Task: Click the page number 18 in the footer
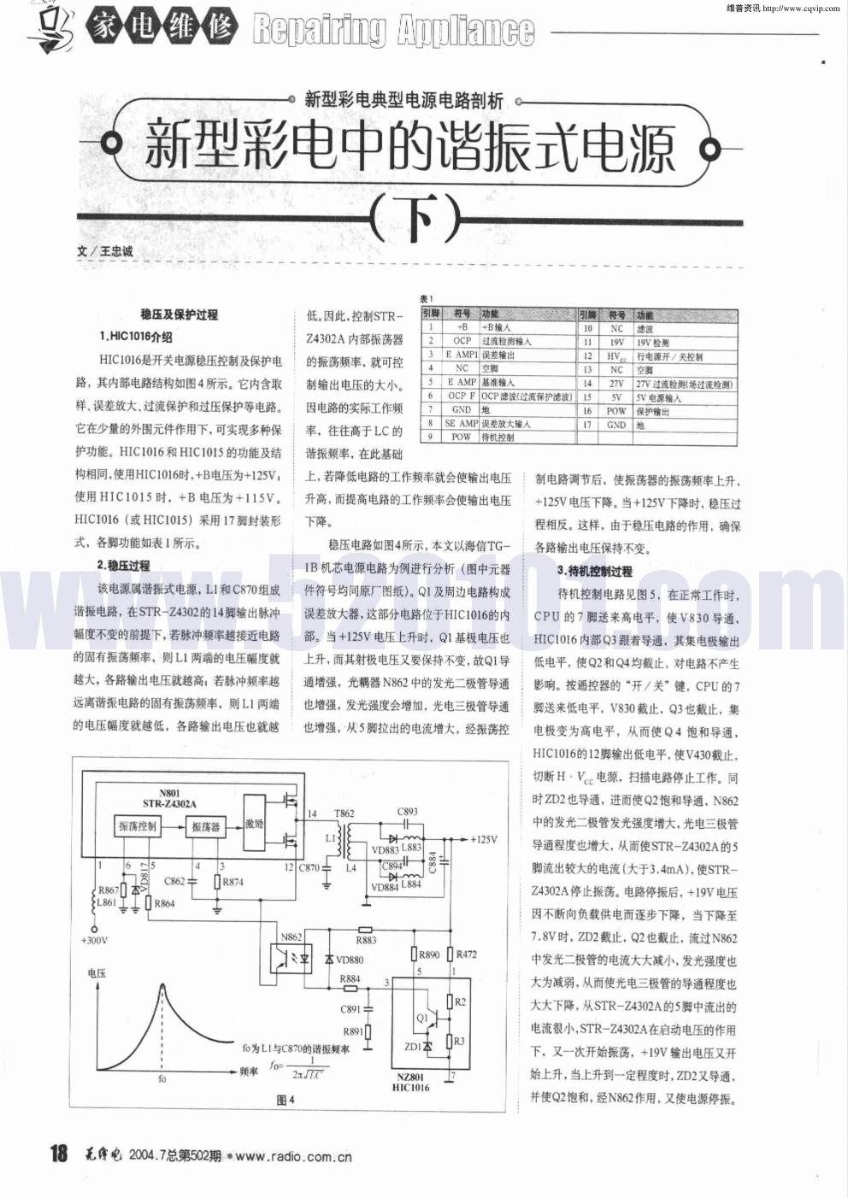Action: (x=58, y=1154)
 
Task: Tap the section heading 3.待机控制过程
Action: (x=594, y=571)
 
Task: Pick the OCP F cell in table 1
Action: (x=462, y=396)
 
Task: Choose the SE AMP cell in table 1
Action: (x=462, y=424)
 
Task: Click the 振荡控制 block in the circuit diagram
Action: (x=137, y=826)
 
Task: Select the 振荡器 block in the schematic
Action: (x=206, y=826)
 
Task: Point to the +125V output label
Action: (x=483, y=840)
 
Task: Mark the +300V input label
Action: (x=94, y=941)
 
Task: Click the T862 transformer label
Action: (x=344, y=813)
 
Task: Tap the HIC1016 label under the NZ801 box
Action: (x=410, y=1088)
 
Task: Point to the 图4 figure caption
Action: (x=286, y=1101)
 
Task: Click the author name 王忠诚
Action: (x=116, y=252)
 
